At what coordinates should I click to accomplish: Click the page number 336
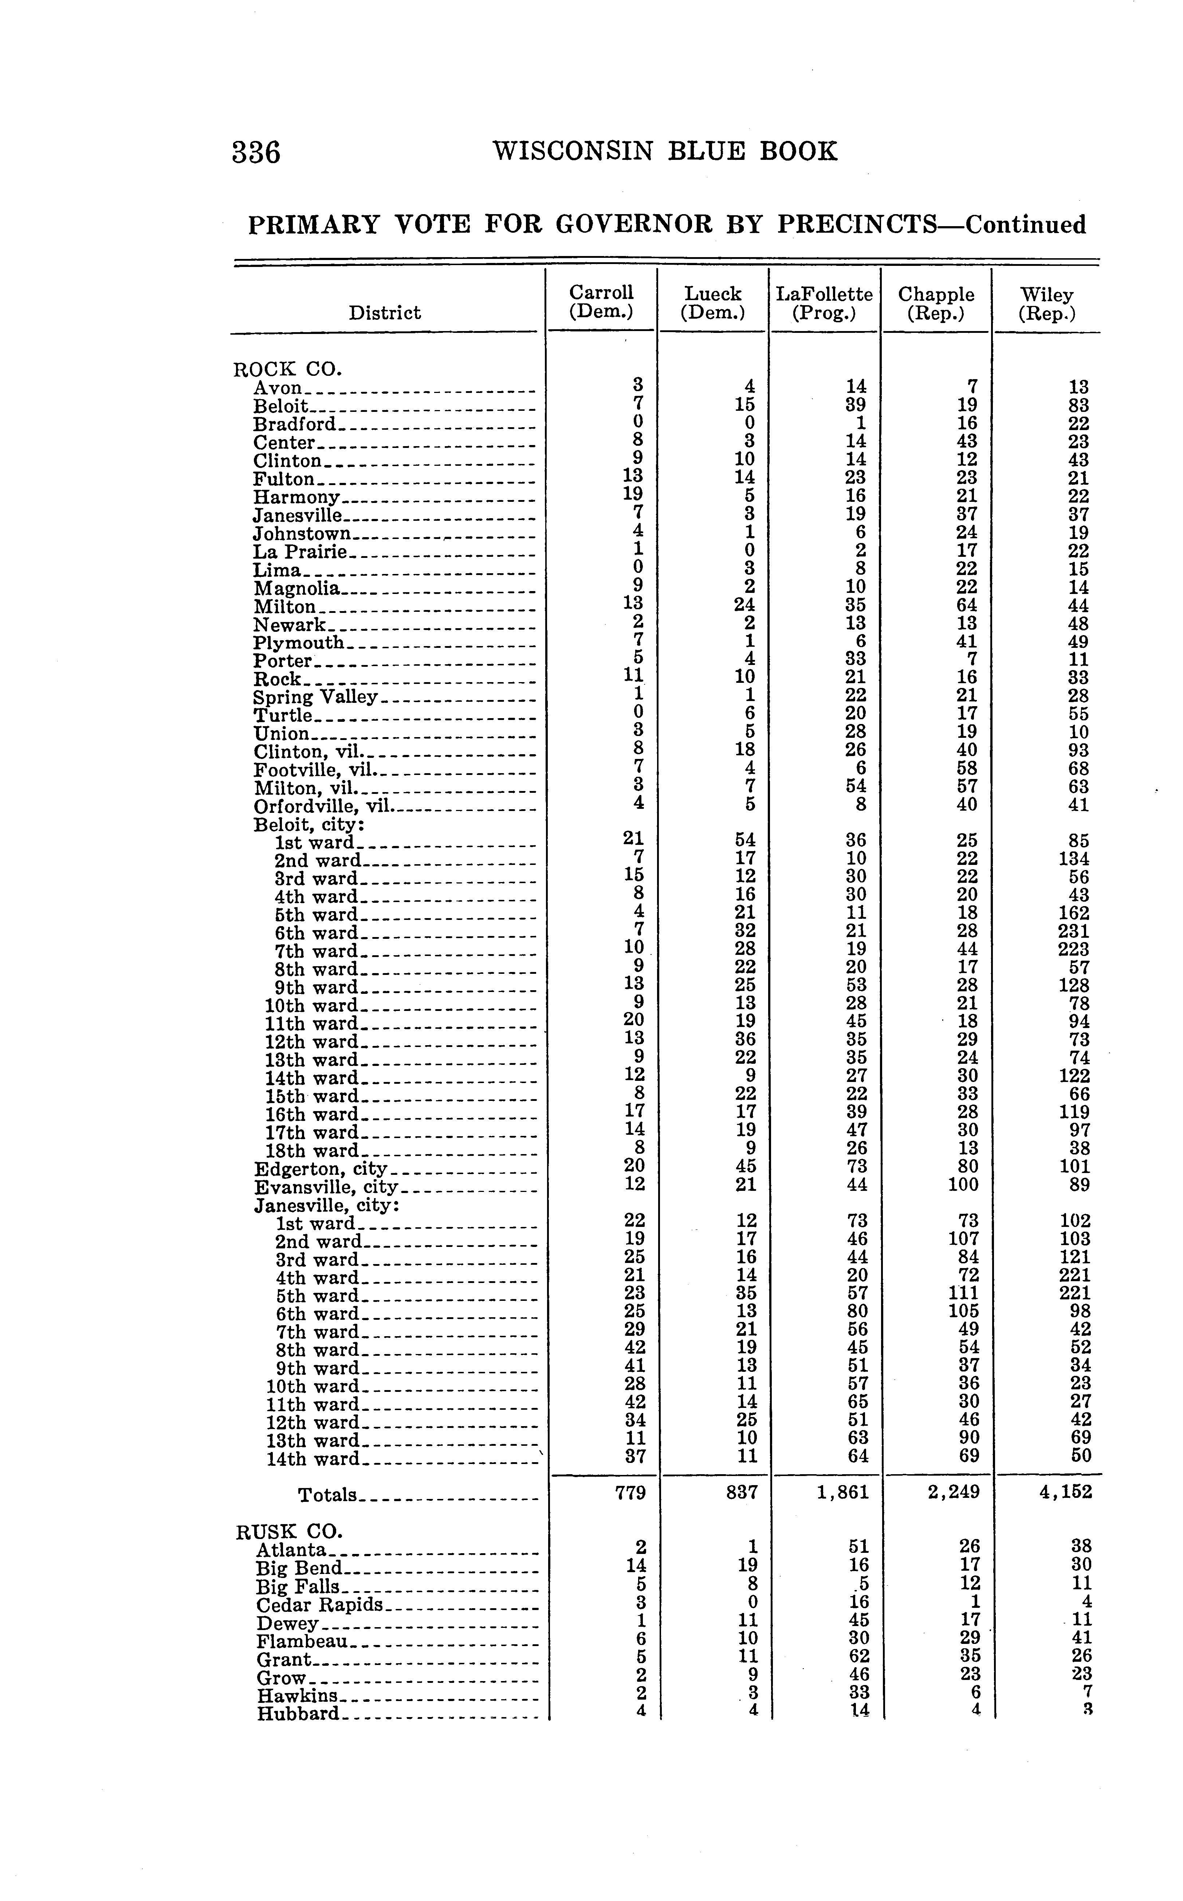tap(256, 152)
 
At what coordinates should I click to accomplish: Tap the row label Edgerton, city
tap(321, 1169)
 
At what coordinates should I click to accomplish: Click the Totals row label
tap(326, 1495)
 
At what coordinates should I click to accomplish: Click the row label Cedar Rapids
tap(319, 1605)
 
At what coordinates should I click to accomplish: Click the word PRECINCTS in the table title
tap(857, 225)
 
